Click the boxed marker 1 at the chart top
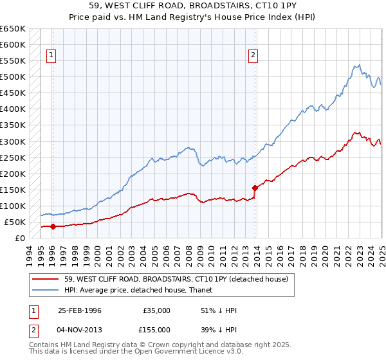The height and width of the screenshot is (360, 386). click(x=51, y=55)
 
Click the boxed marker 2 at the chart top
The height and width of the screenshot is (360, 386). click(x=253, y=55)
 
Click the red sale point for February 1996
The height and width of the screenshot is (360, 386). click(x=53, y=226)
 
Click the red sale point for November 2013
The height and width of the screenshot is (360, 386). click(x=255, y=188)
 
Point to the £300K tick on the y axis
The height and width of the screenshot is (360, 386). click(x=12, y=141)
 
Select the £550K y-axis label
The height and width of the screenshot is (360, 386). click(x=12, y=61)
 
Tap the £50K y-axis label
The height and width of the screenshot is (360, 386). click(x=15, y=222)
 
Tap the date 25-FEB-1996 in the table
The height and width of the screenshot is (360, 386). click(x=80, y=310)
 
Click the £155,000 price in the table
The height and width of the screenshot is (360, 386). click(x=157, y=328)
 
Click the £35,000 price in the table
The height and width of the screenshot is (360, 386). click(x=157, y=310)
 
